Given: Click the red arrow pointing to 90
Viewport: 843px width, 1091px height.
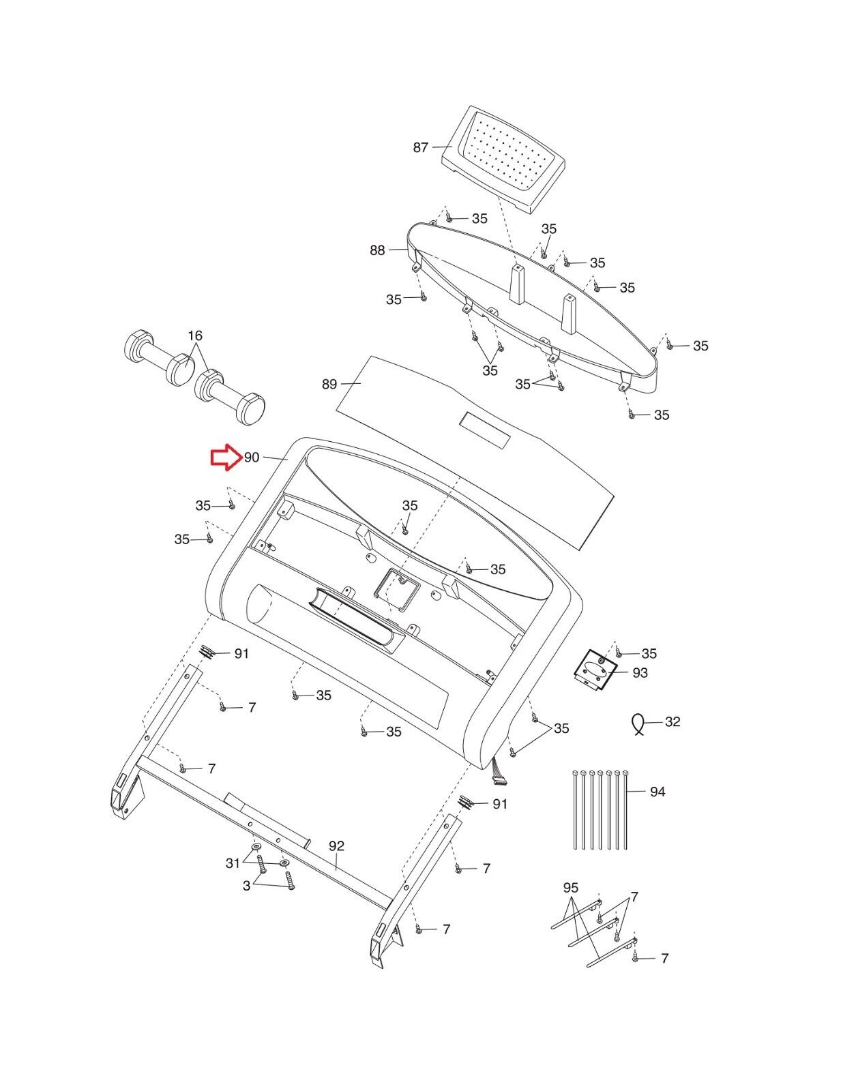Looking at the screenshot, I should [224, 458].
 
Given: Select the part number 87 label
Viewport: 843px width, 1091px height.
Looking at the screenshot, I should [420, 147].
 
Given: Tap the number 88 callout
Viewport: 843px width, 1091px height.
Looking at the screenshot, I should [377, 251].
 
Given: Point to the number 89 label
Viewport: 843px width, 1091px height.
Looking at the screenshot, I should [329, 385].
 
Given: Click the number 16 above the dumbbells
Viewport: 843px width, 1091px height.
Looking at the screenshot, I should [195, 336].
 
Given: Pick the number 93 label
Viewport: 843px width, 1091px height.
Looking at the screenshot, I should [640, 673].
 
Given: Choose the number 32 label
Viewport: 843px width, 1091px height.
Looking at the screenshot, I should [672, 722].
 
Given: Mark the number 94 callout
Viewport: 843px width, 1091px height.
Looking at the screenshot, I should [657, 792].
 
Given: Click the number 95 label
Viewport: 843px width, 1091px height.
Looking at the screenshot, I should [571, 888].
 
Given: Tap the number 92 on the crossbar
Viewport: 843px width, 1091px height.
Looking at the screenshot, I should [336, 846].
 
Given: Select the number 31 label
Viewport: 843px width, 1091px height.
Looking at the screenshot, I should [233, 863].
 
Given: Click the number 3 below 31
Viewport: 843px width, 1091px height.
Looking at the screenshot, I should [246, 886].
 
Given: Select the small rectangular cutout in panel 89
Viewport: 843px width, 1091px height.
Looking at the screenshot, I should [484, 430].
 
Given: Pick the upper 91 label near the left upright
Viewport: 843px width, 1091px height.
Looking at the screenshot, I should [241, 654].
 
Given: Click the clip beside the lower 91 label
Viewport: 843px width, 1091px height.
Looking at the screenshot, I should [467, 802].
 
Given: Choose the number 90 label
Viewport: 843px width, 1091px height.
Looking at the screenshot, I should [252, 458].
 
